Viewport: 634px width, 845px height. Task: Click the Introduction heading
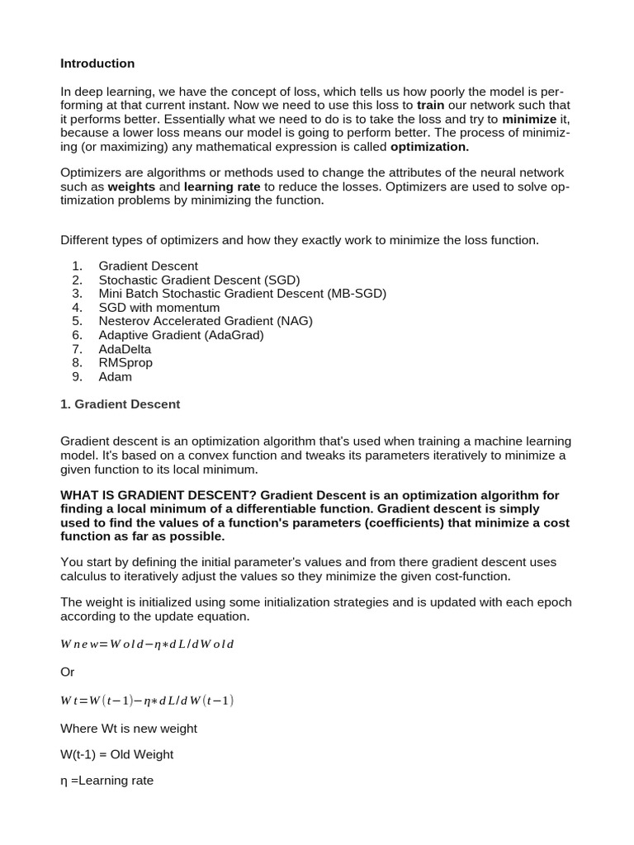click(x=97, y=64)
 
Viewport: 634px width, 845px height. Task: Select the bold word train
click(x=430, y=106)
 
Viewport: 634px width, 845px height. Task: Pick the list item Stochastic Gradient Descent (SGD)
click(x=199, y=280)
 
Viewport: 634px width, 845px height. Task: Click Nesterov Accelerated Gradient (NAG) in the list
click(x=206, y=321)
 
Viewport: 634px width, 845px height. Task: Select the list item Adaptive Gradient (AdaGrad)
click(x=193, y=335)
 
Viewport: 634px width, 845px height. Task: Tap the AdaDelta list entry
click(x=125, y=349)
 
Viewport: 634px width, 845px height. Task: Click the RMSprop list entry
click(x=125, y=363)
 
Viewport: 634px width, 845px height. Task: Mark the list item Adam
click(x=115, y=377)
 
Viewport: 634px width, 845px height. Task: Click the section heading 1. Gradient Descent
click(x=121, y=404)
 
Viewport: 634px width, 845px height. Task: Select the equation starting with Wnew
click(x=148, y=644)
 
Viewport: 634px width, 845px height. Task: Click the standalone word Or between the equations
click(x=68, y=673)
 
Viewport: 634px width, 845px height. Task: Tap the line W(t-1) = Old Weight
click(x=117, y=754)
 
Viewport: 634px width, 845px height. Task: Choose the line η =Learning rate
click(x=107, y=780)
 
